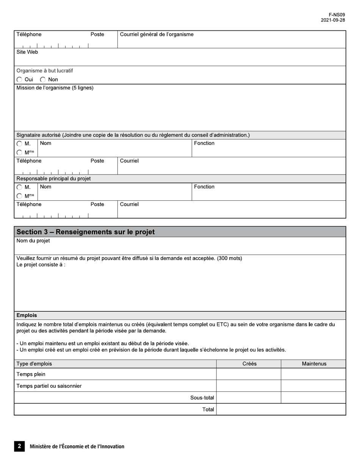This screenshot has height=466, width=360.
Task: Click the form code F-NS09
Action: (337, 15)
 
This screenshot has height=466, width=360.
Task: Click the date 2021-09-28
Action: (333, 20)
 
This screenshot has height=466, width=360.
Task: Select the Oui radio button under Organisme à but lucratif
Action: (19, 80)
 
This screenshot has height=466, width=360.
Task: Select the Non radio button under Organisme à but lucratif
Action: (43, 80)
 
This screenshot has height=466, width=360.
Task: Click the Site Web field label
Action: (27, 52)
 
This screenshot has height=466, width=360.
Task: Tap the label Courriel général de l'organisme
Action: (157, 34)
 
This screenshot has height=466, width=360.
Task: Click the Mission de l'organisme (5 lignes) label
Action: (55, 88)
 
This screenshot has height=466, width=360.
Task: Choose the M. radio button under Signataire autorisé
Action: (19, 144)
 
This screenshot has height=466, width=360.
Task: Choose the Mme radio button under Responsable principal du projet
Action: (19, 196)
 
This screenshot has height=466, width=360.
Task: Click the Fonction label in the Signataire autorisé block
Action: (204, 143)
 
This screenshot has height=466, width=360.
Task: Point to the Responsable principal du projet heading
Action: (53, 178)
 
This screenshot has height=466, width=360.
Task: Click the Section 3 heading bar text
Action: (85, 232)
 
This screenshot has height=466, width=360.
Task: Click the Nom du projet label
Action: (33, 241)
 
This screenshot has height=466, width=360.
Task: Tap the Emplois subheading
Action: (27, 315)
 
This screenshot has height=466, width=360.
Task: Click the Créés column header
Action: (249, 364)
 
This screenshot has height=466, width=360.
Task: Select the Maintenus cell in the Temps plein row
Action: (313, 374)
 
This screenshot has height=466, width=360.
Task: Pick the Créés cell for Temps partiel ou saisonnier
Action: (249, 386)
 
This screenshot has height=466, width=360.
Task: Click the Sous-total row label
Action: (202, 398)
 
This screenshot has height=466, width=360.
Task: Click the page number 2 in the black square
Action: (19, 446)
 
